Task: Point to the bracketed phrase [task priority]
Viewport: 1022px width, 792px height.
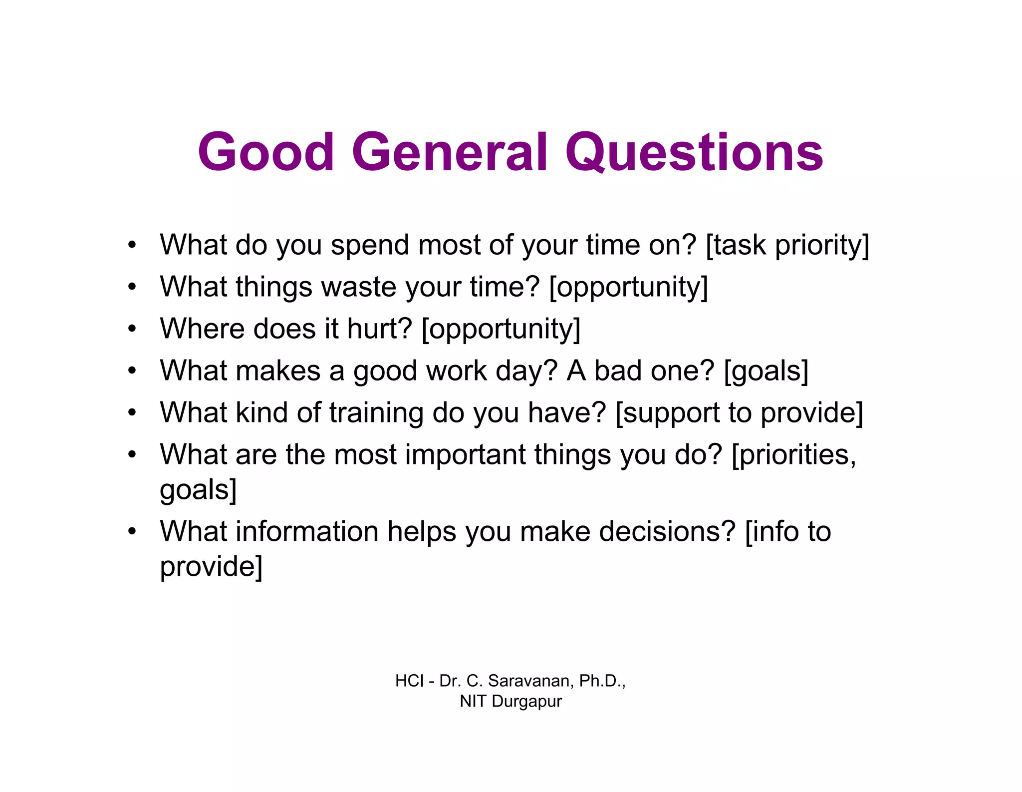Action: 787,246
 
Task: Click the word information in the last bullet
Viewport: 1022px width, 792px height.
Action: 307,531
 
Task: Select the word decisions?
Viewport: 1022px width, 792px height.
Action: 667,531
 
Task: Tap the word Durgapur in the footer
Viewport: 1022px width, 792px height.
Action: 526,702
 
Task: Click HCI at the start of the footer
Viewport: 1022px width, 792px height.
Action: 409,681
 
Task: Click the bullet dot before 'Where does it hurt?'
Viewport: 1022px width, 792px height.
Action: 132,329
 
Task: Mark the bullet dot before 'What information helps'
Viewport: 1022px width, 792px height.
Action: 132,531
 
